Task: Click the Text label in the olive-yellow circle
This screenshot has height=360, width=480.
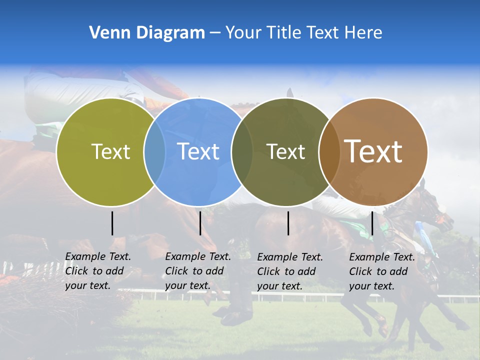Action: pyautogui.click(x=110, y=151)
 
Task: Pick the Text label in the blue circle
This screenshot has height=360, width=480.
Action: pyautogui.click(x=198, y=151)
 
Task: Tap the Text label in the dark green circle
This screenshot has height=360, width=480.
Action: pyautogui.click(x=285, y=151)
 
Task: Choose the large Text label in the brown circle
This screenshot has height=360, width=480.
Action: pyautogui.click(x=373, y=151)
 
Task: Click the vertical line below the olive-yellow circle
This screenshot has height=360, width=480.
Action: pyautogui.click(x=112, y=223)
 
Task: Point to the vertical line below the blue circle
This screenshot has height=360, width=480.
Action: pyautogui.click(x=200, y=223)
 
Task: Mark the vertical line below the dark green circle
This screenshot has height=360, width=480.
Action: pyautogui.click(x=288, y=223)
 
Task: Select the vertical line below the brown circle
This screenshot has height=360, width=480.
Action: pyautogui.click(x=372, y=223)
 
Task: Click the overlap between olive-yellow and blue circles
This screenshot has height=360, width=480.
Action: pyautogui.click(x=154, y=151)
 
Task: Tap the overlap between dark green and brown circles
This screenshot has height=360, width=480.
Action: pyautogui.click(x=328, y=151)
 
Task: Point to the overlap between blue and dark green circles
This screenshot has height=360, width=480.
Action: pyautogui.click(x=242, y=151)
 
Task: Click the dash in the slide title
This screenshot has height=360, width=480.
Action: pyautogui.click(x=215, y=33)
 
